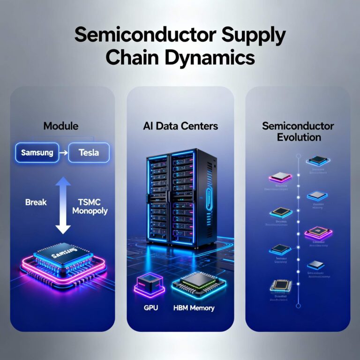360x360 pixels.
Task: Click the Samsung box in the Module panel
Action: (x=37, y=153)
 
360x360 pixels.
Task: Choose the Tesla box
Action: (x=89, y=153)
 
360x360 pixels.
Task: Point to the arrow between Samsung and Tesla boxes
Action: (x=63, y=153)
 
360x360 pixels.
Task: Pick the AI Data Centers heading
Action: (x=180, y=126)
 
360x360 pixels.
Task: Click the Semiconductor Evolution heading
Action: (x=298, y=132)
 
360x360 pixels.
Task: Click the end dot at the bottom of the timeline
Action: (x=298, y=306)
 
